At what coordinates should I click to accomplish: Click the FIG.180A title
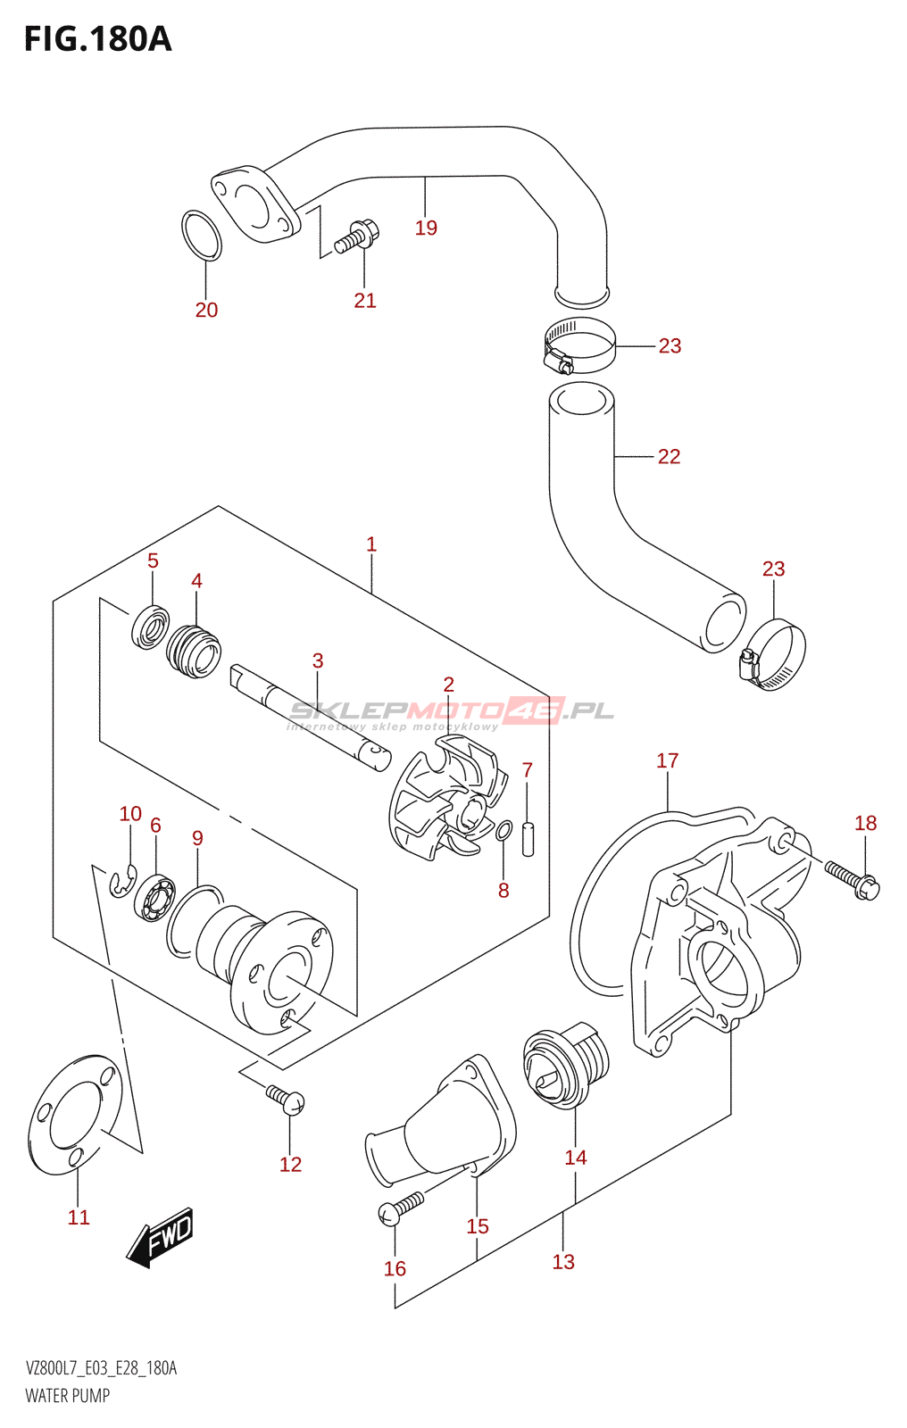pos(98,39)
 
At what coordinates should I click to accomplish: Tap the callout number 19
pos(426,228)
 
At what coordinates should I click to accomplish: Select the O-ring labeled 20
pos(202,236)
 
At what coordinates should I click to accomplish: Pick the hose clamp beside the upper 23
pos(579,345)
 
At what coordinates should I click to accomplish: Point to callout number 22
pos(669,456)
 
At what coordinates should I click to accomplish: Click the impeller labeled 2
pos(448,799)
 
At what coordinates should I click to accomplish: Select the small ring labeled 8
pos(503,831)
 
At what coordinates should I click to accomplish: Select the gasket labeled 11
pos(75,1115)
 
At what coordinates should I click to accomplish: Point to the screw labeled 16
pos(401,1208)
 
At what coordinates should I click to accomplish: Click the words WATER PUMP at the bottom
pos(68,1396)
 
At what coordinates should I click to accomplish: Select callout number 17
pos(668,760)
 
